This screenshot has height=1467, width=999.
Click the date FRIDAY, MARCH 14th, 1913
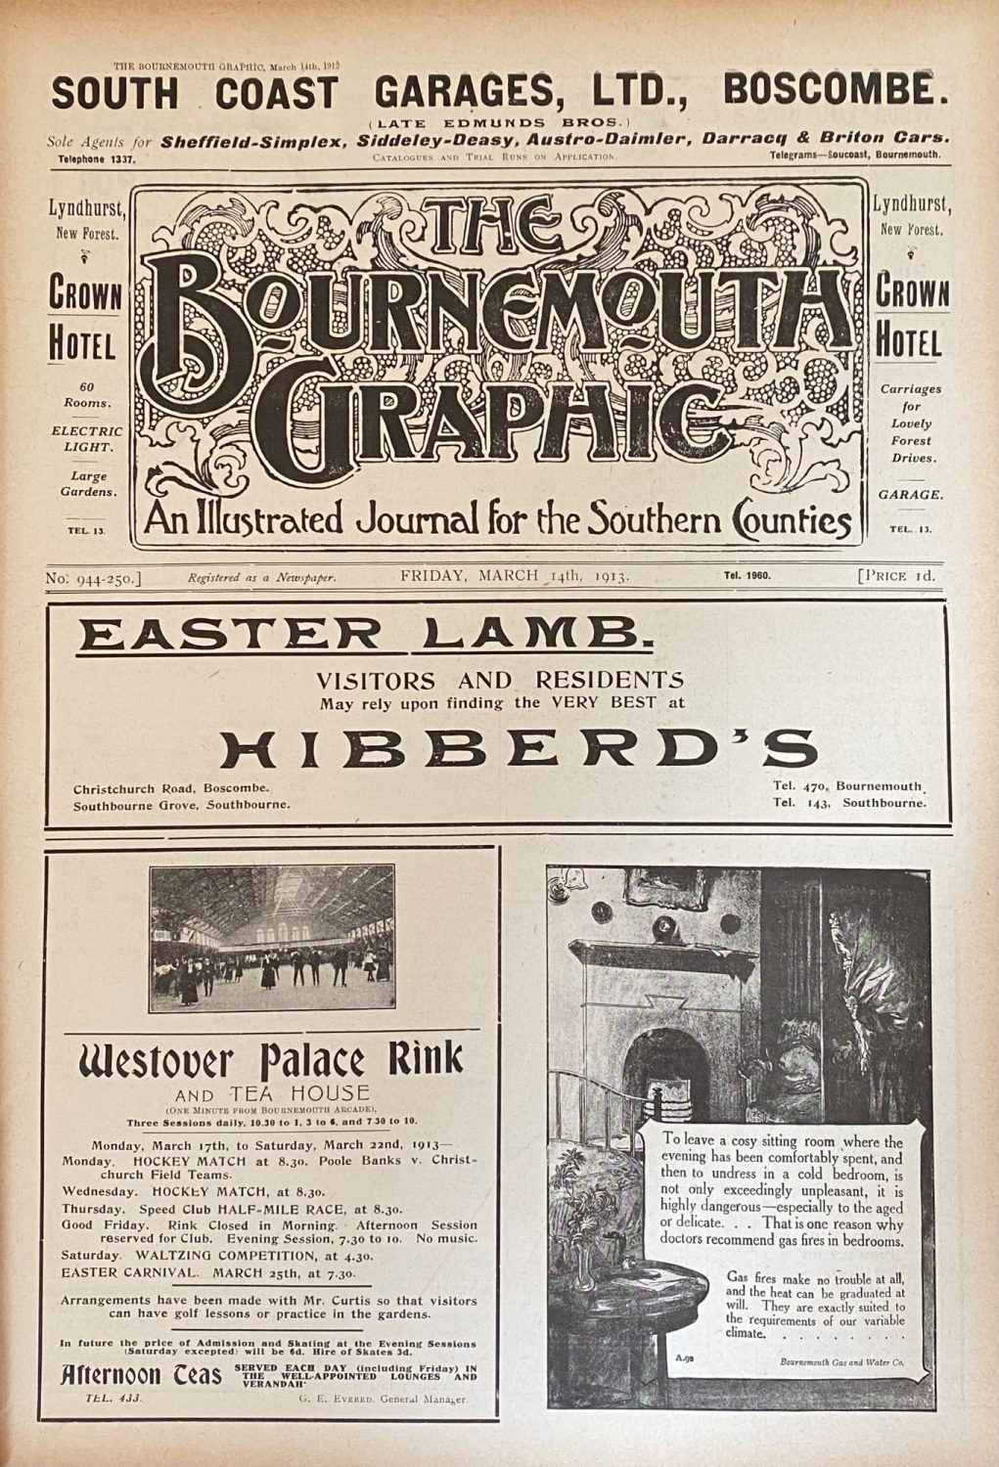(x=515, y=576)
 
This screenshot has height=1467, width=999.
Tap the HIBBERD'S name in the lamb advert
(x=518, y=750)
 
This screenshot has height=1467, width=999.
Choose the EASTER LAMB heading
(x=364, y=637)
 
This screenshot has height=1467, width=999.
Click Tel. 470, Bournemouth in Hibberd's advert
(x=847, y=785)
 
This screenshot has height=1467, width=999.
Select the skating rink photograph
(x=272, y=938)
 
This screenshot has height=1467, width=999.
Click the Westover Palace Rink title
(x=271, y=1061)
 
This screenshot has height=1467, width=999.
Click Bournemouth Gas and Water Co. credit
(x=841, y=1361)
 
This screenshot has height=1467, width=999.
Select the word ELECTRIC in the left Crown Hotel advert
(x=86, y=430)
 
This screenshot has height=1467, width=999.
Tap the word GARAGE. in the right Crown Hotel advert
(x=910, y=495)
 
